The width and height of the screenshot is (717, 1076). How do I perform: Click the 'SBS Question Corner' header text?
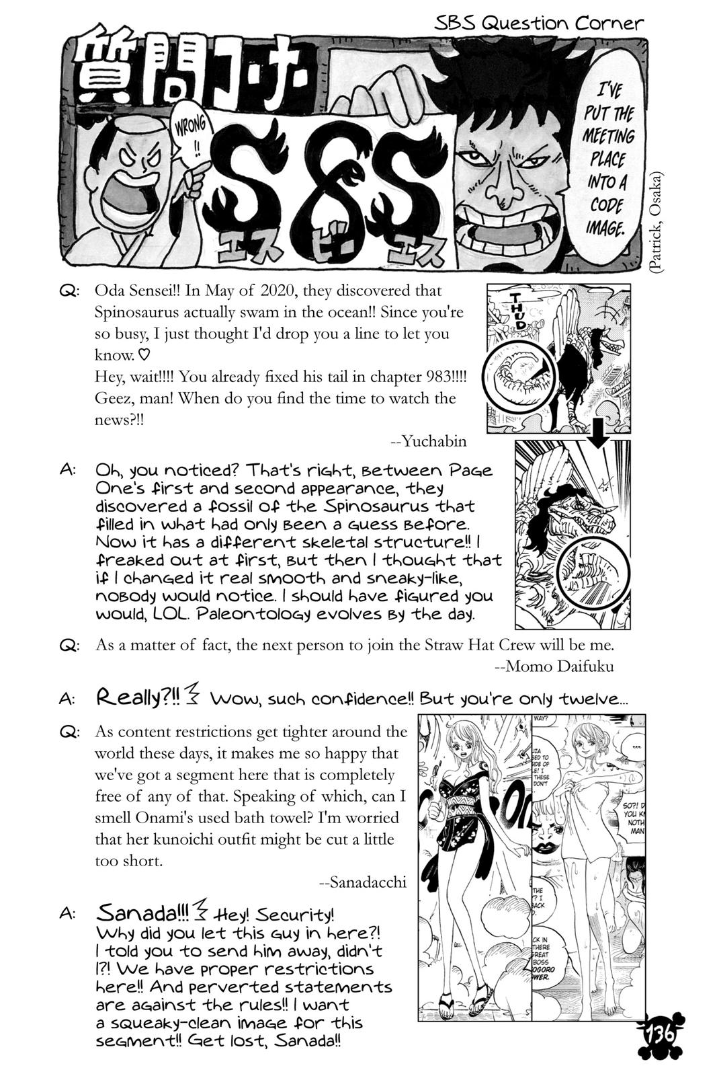coord(539,23)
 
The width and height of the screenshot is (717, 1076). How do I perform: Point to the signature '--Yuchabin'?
coord(428,441)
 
